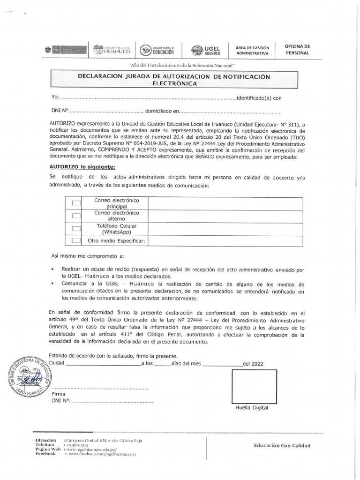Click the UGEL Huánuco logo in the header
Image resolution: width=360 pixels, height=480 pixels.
pyautogui.click(x=206, y=50)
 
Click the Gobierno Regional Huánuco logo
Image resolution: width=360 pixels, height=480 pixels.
pyautogui.click(x=112, y=50)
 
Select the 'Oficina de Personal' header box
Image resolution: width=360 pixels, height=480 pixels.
pyautogui.click(x=298, y=50)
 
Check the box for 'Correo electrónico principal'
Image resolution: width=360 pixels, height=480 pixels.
pyautogui.click(x=76, y=203)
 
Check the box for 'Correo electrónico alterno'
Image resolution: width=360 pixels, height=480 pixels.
pyautogui.click(x=76, y=216)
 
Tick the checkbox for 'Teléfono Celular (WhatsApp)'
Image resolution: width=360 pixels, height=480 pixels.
pyautogui.click(x=76, y=228)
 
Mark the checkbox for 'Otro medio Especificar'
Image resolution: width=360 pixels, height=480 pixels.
pyautogui.click(x=76, y=240)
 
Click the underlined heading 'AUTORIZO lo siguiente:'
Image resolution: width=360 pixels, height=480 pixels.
pyautogui.click(x=82, y=166)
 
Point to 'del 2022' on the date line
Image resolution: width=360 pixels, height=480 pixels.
pyautogui.click(x=253, y=363)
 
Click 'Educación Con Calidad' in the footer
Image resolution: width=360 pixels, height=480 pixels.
pyautogui.click(x=282, y=446)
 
